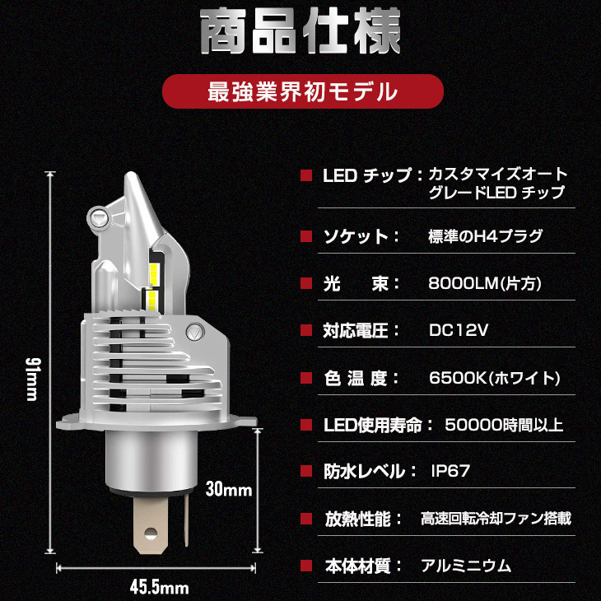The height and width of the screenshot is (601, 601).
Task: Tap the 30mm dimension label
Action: click(229, 490)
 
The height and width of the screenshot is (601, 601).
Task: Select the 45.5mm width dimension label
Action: click(160, 588)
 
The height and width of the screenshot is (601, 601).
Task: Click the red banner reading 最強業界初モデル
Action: click(303, 91)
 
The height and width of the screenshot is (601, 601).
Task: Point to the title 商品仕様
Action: click(300, 31)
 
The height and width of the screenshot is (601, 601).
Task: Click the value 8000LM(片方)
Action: click(485, 284)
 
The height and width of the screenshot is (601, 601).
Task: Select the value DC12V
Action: click(459, 330)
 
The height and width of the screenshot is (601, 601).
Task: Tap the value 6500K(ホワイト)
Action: click(495, 379)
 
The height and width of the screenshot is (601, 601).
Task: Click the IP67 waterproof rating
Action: click(451, 471)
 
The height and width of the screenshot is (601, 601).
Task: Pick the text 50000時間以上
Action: click(504, 425)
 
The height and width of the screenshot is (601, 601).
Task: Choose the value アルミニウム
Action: click(466, 566)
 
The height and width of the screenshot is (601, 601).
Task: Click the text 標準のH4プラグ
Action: click(486, 236)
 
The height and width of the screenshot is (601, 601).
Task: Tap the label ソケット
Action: click(356, 236)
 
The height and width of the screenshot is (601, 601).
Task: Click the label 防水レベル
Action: click(365, 472)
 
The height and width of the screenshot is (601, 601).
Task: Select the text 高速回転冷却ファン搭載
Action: click(496, 519)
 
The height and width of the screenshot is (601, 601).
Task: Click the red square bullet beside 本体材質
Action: click(306, 566)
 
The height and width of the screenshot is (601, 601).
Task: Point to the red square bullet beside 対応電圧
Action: click(306, 330)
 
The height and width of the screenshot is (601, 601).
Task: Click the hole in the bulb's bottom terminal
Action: click(151, 533)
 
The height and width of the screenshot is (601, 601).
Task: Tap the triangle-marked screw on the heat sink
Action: click(195, 332)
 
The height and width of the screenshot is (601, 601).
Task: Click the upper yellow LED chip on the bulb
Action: click(154, 273)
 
